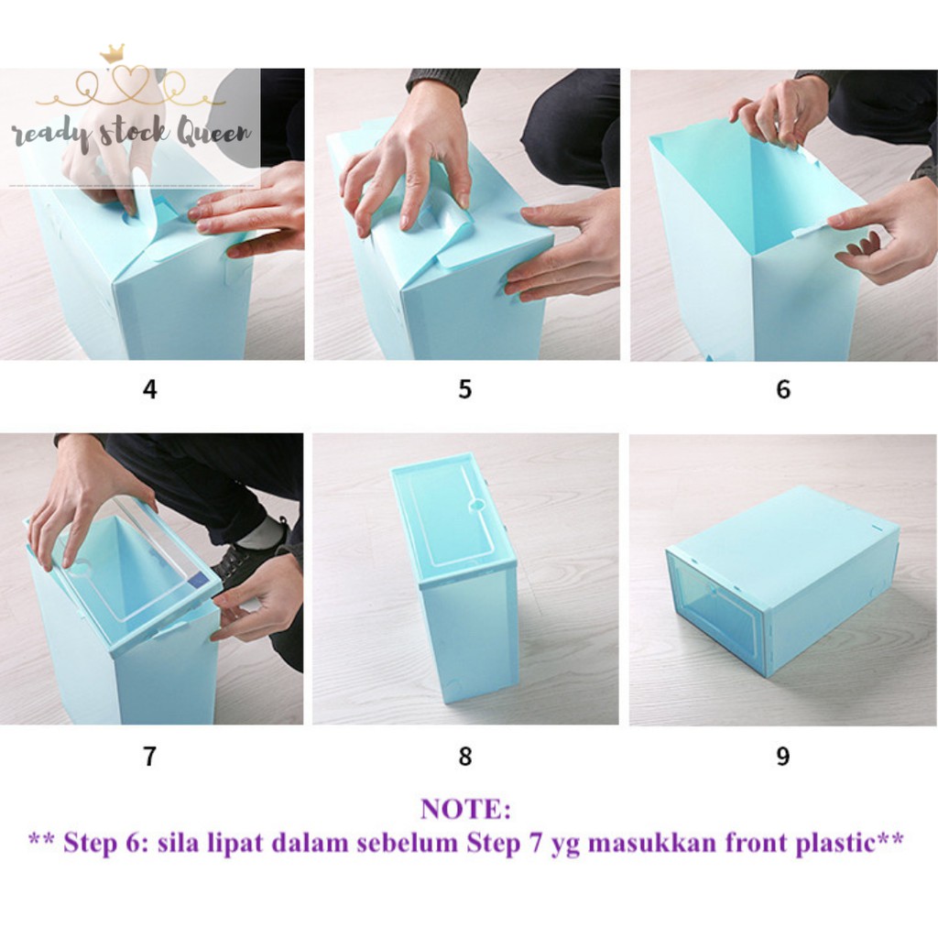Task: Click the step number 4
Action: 149,389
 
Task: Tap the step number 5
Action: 464,389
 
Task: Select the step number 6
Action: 783,389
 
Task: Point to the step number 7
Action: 149,756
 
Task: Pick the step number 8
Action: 464,756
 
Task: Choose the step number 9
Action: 783,756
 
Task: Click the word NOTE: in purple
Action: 465,810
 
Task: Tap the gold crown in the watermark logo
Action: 113,52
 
